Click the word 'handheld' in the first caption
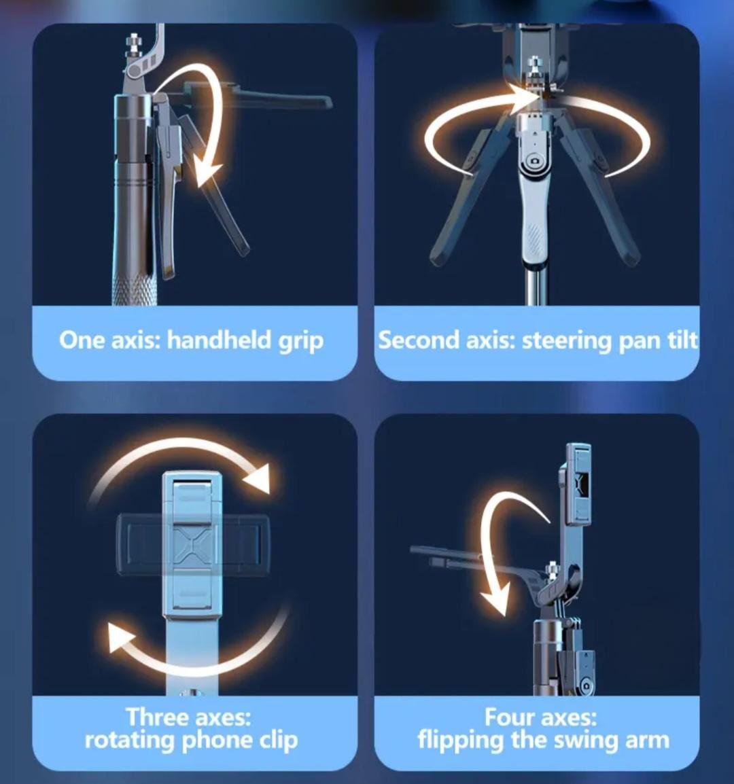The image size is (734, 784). coord(219,340)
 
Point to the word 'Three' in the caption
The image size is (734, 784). coord(156,717)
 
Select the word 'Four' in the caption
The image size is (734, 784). coord(509,717)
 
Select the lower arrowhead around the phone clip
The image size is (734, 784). coord(120,637)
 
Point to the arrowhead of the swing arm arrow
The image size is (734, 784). coord(495,599)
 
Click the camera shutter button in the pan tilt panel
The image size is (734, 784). coord(534,162)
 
